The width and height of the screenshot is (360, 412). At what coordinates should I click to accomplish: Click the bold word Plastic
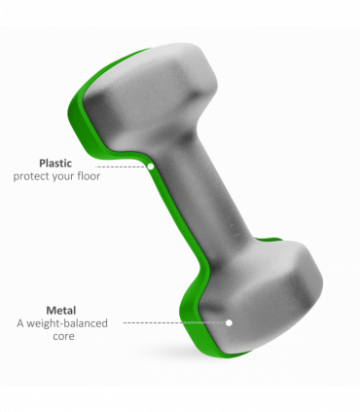coord(55,163)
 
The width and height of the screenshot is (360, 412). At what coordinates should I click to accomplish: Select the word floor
coord(89,175)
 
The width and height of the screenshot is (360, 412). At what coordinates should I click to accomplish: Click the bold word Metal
coord(61,311)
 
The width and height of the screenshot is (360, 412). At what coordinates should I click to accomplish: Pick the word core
coord(63,336)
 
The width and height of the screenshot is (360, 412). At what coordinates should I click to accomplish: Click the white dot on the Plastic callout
coord(151,167)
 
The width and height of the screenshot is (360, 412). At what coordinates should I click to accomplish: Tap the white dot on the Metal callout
coord(229,322)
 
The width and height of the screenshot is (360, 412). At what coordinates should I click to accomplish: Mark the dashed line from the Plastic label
coord(122,167)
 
